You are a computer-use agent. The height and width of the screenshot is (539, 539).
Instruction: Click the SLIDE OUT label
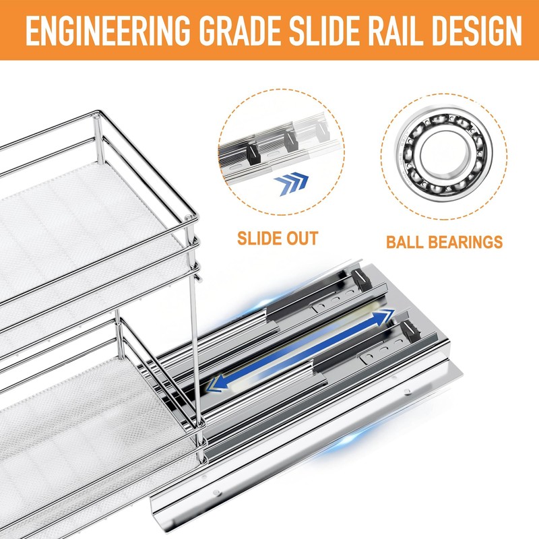[x=277, y=238]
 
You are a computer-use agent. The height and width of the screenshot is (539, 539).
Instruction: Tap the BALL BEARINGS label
[x=444, y=241]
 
